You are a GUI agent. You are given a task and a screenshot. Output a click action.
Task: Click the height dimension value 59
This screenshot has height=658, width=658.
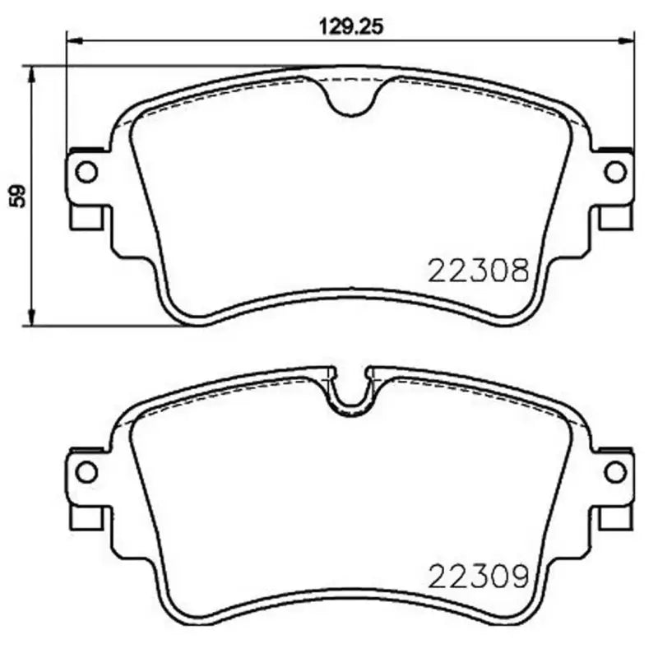[x=17, y=195]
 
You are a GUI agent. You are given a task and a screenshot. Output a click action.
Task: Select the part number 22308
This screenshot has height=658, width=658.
[x=476, y=271]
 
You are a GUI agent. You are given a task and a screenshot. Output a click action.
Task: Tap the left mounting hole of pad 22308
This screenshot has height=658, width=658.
[x=86, y=172]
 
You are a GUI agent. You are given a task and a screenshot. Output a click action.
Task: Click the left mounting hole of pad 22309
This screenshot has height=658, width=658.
[x=86, y=472]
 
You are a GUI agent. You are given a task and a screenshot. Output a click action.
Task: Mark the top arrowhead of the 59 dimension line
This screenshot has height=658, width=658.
[x=32, y=73]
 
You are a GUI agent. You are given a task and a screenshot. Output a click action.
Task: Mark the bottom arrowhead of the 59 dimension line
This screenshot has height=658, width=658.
[x=32, y=317]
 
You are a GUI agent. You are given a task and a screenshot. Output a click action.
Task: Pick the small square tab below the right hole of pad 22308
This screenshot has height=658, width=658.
[x=614, y=218]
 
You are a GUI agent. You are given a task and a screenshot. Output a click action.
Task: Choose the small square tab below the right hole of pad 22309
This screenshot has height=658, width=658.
[x=614, y=518]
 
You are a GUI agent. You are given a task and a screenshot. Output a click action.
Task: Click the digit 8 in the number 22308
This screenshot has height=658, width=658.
[x=516, y=271]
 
